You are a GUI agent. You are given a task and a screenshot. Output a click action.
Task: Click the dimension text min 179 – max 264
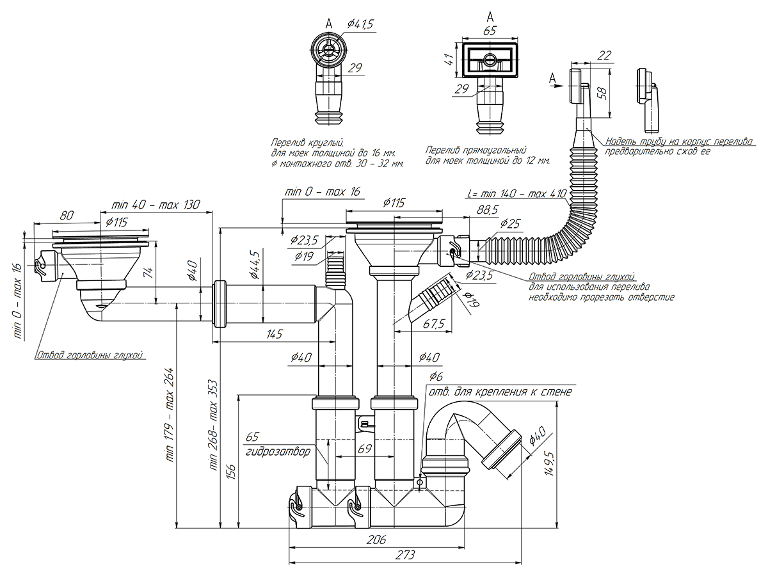(170, 415)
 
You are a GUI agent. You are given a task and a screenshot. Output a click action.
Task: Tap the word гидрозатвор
(278, 451)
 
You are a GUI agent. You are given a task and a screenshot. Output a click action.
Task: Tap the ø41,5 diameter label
(361, 24)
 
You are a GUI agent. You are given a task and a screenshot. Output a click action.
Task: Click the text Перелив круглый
(307, 142)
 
